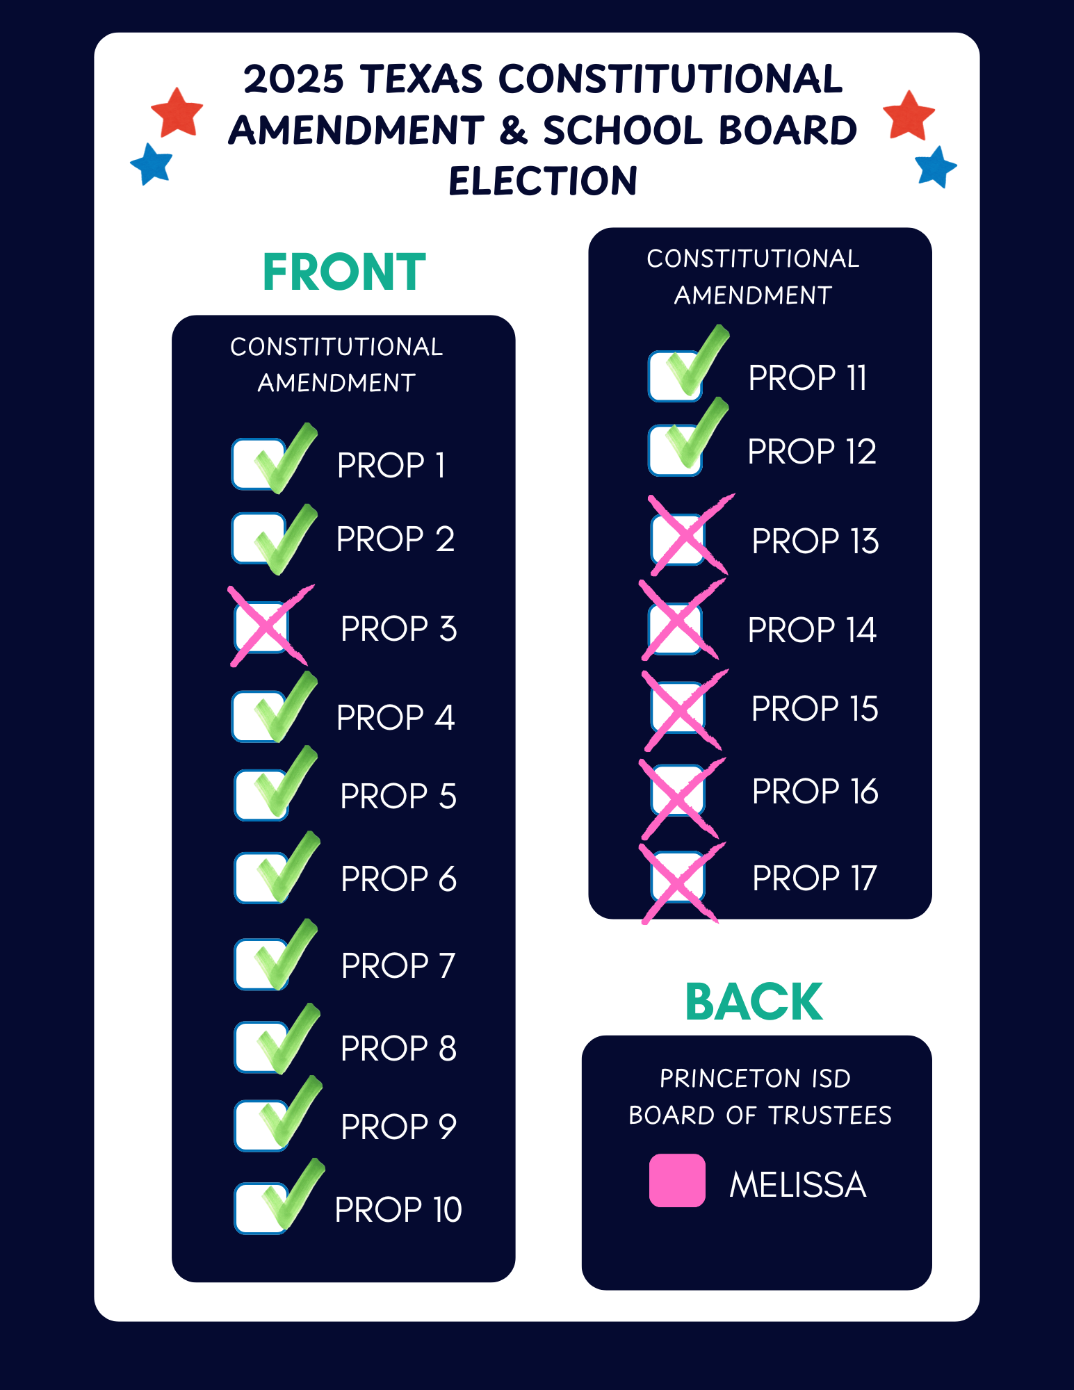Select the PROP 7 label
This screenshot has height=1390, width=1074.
click(x=398, y=965)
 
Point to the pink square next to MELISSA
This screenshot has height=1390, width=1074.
click(x=677, y=1180)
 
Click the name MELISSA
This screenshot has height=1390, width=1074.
click(x=797, y=1184)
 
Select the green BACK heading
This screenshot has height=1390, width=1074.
click(x=754, y=1002)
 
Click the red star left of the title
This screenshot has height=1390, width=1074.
click(x=177, y=112)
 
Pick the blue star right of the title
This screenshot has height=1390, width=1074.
click(x=936, y=167)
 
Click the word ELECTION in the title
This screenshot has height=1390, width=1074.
click(x=543, y=181)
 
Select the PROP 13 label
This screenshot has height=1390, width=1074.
click(x=815, y=541)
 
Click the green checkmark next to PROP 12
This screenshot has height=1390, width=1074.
click(x=696, y=436)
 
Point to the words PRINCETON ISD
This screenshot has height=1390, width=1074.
click(x=755, y=1079)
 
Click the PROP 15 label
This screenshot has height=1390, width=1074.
click(x=815, y=709)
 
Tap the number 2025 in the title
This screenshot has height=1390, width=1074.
click(x=293, y=79)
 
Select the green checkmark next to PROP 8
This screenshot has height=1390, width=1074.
click(x=286, y=1040)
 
